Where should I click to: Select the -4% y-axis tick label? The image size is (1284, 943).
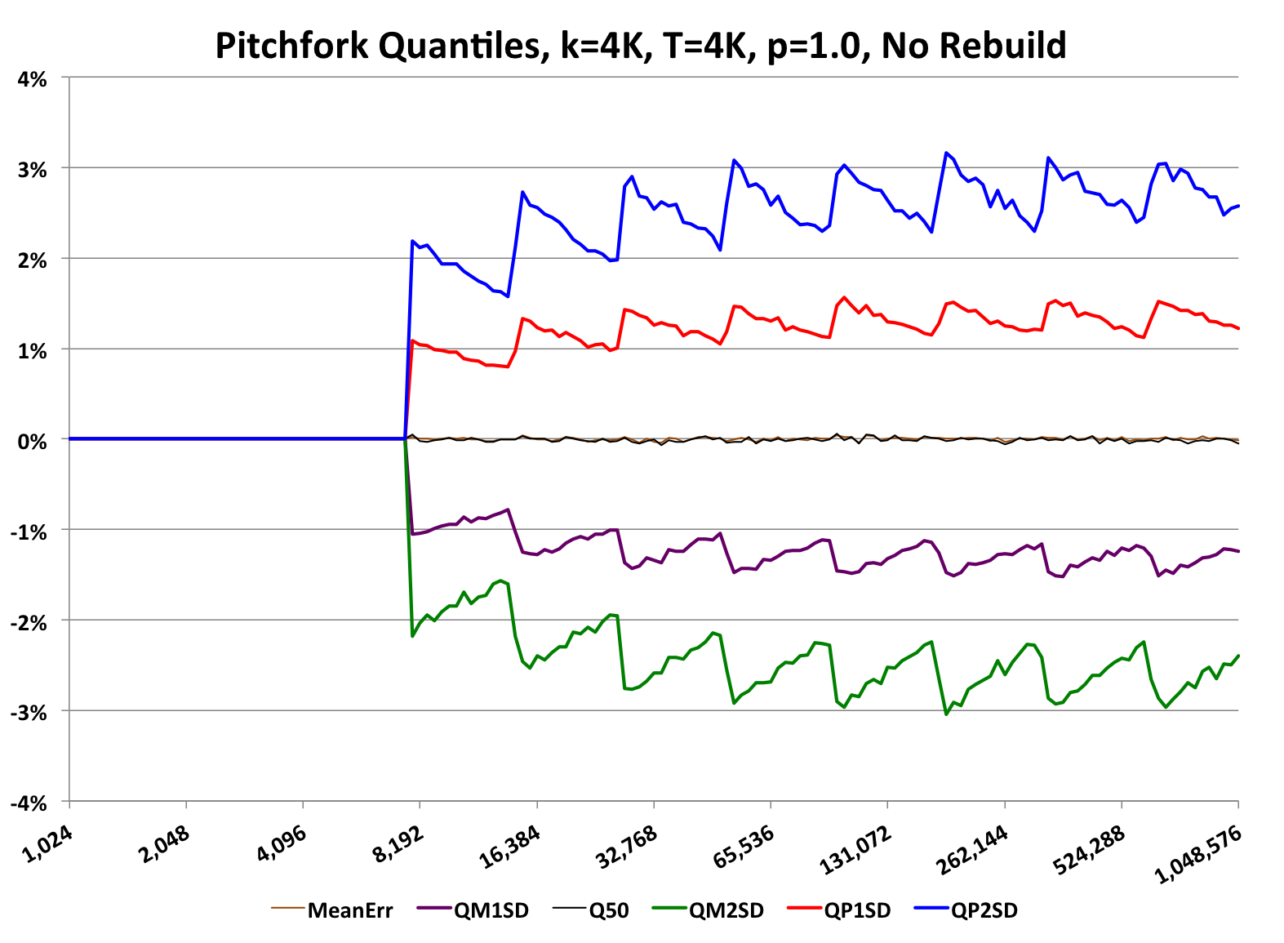coord(29,803)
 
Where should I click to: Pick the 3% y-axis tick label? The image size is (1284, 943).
coord(33,169)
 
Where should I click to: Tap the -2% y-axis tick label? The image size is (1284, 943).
coord(29,621)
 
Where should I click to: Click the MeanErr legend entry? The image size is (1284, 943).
coord(349,910)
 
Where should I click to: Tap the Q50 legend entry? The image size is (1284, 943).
coord(609,910)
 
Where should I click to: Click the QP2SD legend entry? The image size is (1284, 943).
coord(984,910)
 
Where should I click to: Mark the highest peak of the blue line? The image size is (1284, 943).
coord(946,153)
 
